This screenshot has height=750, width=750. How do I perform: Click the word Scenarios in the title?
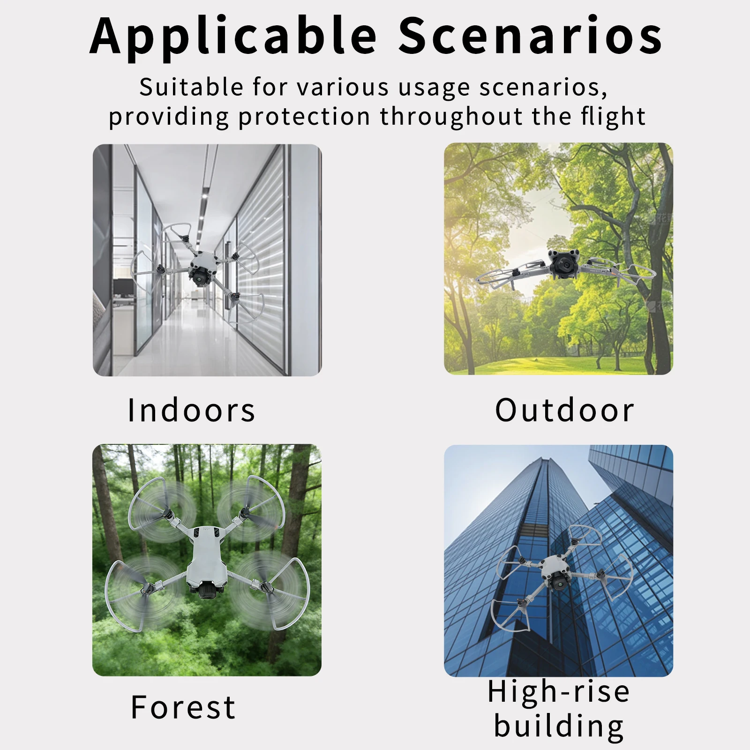(530, 36)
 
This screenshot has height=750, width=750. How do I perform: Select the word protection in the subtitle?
(305, 117)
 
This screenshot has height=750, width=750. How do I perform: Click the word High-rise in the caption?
(559, 691)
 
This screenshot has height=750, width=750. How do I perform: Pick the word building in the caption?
(559, 726)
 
